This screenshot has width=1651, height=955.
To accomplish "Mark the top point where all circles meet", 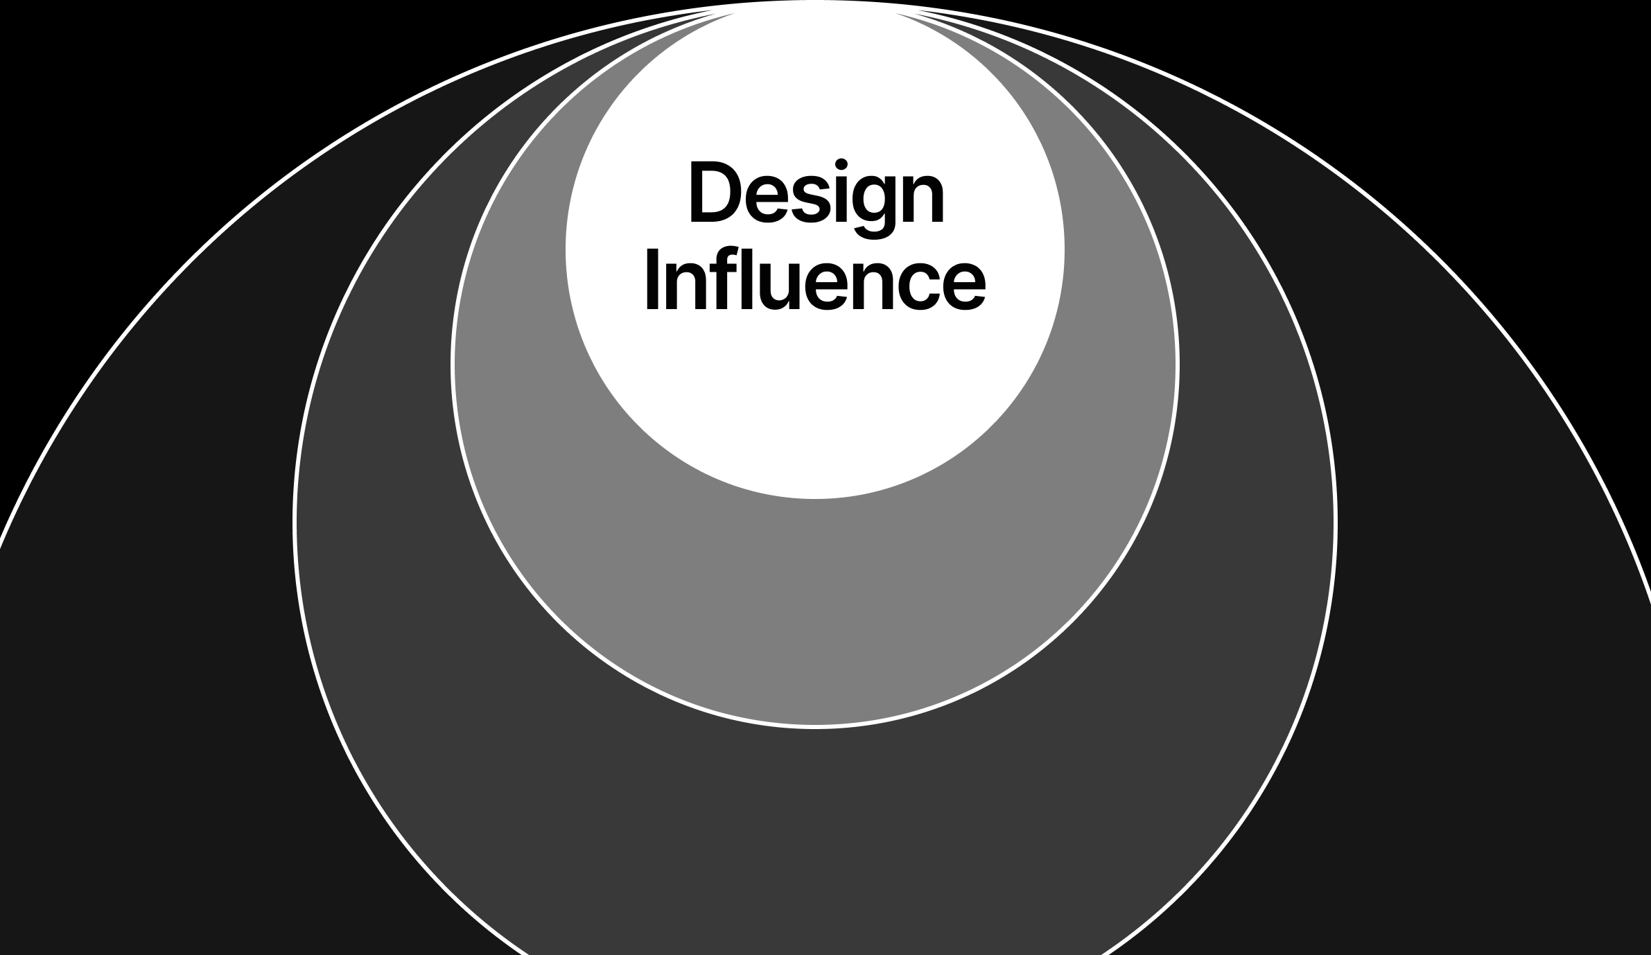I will [x=816, y=3].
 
